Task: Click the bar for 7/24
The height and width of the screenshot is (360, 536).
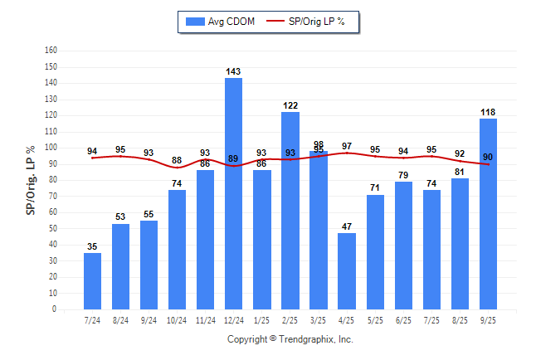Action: point(93,281)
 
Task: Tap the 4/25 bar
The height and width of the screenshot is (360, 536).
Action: point(347,271)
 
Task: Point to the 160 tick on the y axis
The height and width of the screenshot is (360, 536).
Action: point(51,51)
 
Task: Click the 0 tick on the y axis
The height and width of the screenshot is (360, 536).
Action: point(54,309)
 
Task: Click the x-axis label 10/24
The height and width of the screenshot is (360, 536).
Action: point(177,320)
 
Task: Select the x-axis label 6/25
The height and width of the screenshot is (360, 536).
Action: point(403,320)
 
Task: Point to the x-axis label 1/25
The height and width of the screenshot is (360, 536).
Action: point(262,320)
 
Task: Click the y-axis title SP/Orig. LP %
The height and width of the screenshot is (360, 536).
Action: point(31,179)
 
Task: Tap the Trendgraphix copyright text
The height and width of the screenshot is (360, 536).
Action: point(290,339)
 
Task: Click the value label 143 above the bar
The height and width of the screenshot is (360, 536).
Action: point(234,72)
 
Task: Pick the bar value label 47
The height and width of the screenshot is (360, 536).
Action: point(347,226)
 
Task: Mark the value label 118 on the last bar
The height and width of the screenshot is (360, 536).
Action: point(488,112)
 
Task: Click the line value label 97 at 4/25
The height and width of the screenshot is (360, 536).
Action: point(347,146)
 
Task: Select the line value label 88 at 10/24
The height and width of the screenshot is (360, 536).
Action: point(177,160)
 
